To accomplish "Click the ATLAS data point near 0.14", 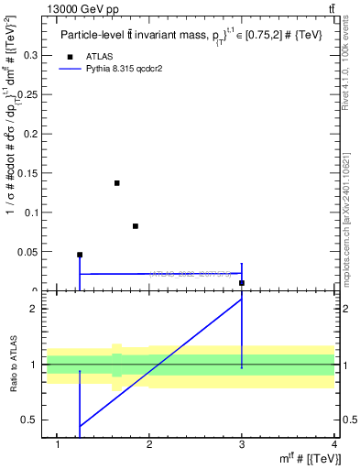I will pos(117,183).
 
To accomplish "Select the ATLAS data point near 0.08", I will pos(136,226).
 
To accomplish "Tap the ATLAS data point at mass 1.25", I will pos(80,255).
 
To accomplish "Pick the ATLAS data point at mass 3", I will pos(242,283).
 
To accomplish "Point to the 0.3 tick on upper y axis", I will pos(33,55).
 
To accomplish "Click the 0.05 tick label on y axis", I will pos(29,252).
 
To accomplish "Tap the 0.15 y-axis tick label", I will pos(29,173).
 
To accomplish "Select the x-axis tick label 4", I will pos(335,445).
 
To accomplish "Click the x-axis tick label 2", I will pos(149,445).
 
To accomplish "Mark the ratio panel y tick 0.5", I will pos(35,420).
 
